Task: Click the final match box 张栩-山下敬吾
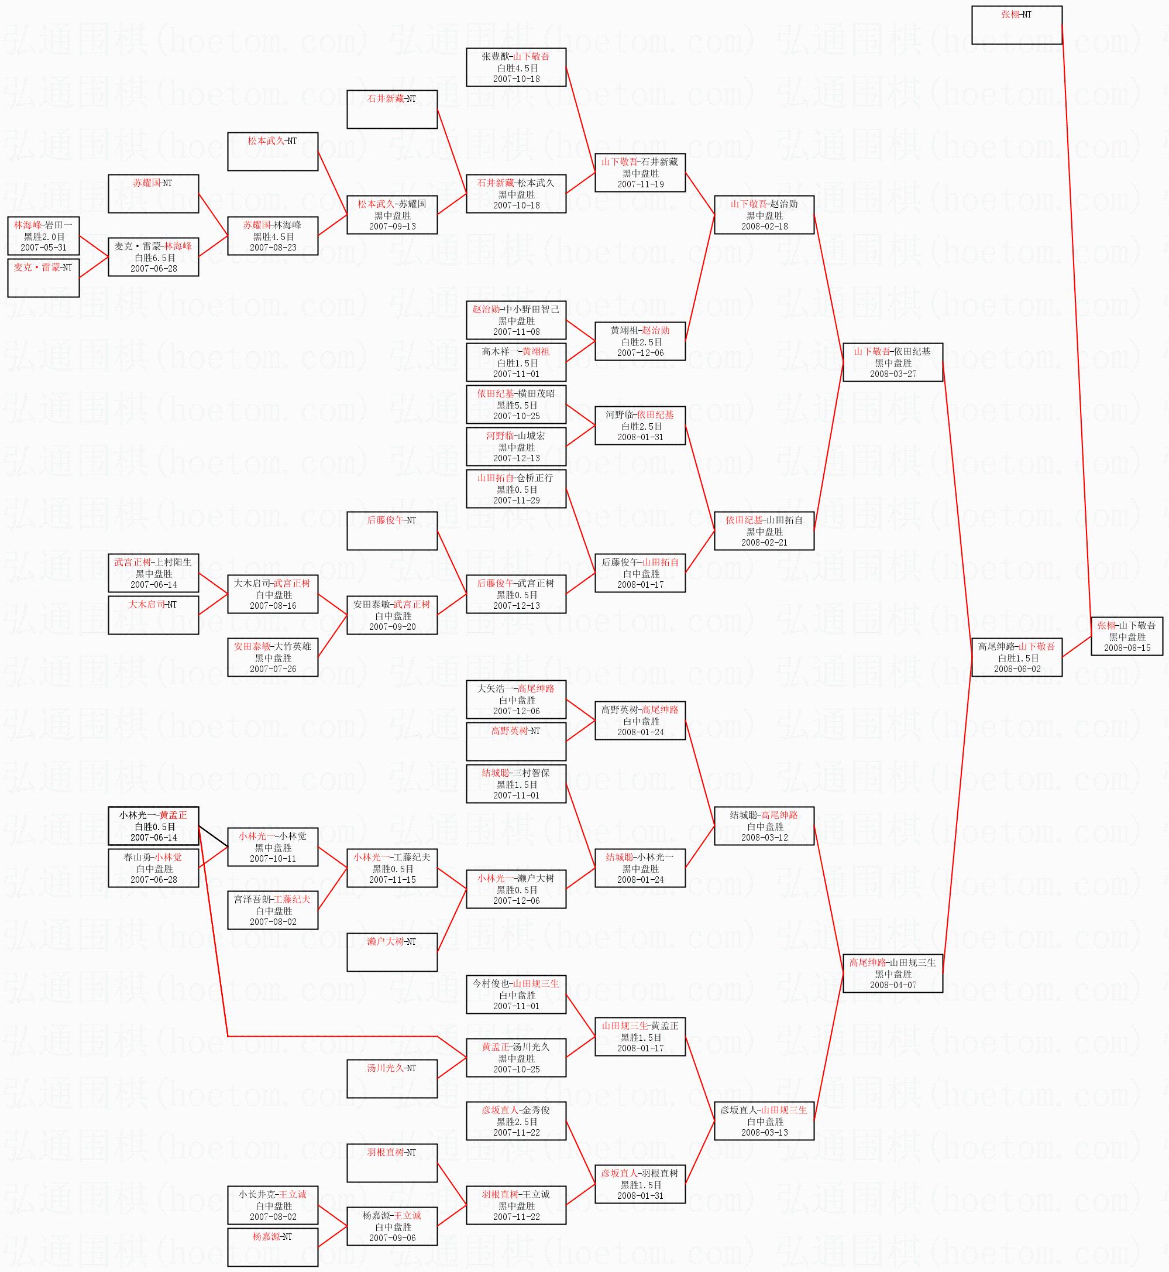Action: point(1127,636)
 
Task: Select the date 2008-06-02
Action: point(1016,669)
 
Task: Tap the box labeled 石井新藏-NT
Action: point(391,109)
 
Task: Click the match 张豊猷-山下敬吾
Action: point(515,67)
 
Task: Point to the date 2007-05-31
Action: point(43,248)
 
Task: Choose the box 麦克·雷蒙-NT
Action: point(43,277)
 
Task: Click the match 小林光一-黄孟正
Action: point(153,826)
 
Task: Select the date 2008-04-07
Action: point(893,985)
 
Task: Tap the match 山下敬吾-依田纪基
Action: point(893,362)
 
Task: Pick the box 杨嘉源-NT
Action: point(272,1247)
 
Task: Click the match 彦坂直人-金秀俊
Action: point(515,1121)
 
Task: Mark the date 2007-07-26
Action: point(273,669)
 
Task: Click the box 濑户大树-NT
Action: point(391,952)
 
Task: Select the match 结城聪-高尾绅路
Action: point(764,826)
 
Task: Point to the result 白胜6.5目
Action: point(154,258)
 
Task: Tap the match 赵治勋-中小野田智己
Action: point(515,320)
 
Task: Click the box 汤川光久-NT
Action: point(391,1078)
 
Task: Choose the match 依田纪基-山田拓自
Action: point(764,531)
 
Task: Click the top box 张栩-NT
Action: point(1016,25)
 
